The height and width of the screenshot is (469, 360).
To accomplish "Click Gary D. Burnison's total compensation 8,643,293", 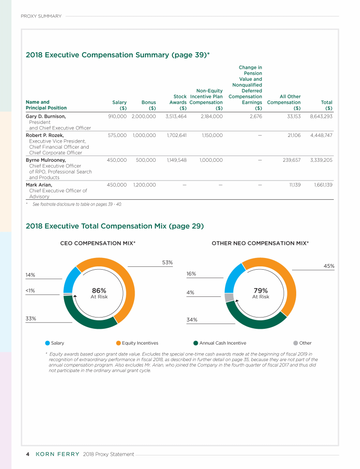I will tap(321, 116).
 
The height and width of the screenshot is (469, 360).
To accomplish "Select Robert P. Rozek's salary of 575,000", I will tap(117, 135).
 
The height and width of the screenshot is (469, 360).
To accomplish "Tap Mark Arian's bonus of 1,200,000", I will tap(144, 185).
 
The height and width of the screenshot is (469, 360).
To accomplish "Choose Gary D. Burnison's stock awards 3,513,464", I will tap(176, 116).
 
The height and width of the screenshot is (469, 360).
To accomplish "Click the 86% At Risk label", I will tap(99, 293).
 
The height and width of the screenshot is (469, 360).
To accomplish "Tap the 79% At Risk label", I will tap(261, 293).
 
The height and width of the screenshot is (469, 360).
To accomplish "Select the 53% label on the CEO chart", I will tap(167, 262).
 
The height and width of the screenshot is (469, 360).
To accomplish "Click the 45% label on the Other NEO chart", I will tap(329, 266).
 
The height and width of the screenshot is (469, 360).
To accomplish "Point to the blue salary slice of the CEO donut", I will tap(71, 280).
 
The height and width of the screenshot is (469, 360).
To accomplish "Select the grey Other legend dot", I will tap(295, 343).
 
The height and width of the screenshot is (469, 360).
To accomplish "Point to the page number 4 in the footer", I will tap(28, 454).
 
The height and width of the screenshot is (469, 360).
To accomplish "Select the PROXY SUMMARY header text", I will tap(41, 16).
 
